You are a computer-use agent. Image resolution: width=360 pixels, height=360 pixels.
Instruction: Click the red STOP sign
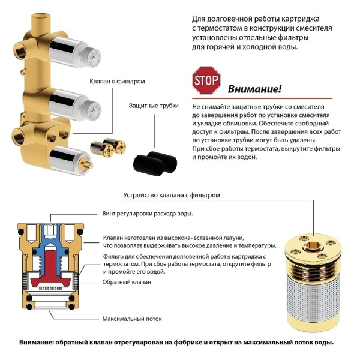206,79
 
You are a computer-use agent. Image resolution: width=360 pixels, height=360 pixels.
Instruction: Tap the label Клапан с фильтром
118,80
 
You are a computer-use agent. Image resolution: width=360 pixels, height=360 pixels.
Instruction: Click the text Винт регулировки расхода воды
151,214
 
